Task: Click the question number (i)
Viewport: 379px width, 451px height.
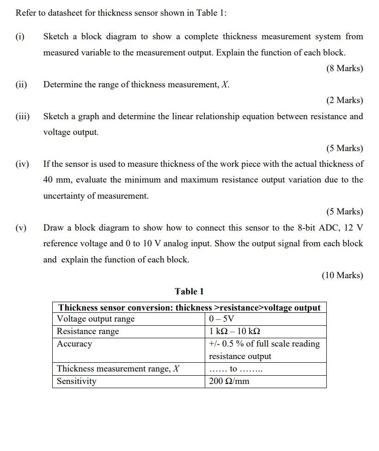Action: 20,37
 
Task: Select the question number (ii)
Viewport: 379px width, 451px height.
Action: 21,85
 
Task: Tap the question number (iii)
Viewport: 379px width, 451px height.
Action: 22,116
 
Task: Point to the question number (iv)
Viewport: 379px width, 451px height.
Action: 22,164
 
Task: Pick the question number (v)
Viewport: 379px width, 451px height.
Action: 21,228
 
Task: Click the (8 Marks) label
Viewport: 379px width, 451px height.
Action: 344,68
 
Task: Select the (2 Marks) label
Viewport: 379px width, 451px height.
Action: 344,100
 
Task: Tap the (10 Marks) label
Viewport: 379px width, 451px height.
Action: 342,275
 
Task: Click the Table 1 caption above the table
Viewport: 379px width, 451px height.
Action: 189,291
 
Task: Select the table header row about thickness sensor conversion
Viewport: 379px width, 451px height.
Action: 189,308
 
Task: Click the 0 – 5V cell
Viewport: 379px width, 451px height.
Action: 221,319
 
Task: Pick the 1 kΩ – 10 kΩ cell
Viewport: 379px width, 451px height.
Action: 234,331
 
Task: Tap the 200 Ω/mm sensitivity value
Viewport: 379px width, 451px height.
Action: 229,381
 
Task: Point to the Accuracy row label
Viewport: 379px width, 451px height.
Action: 74,344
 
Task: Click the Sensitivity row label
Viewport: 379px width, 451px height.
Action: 77,381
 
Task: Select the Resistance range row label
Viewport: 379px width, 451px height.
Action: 88,331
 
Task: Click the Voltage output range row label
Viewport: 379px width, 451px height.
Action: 96,319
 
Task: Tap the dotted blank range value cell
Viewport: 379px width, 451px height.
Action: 236,369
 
